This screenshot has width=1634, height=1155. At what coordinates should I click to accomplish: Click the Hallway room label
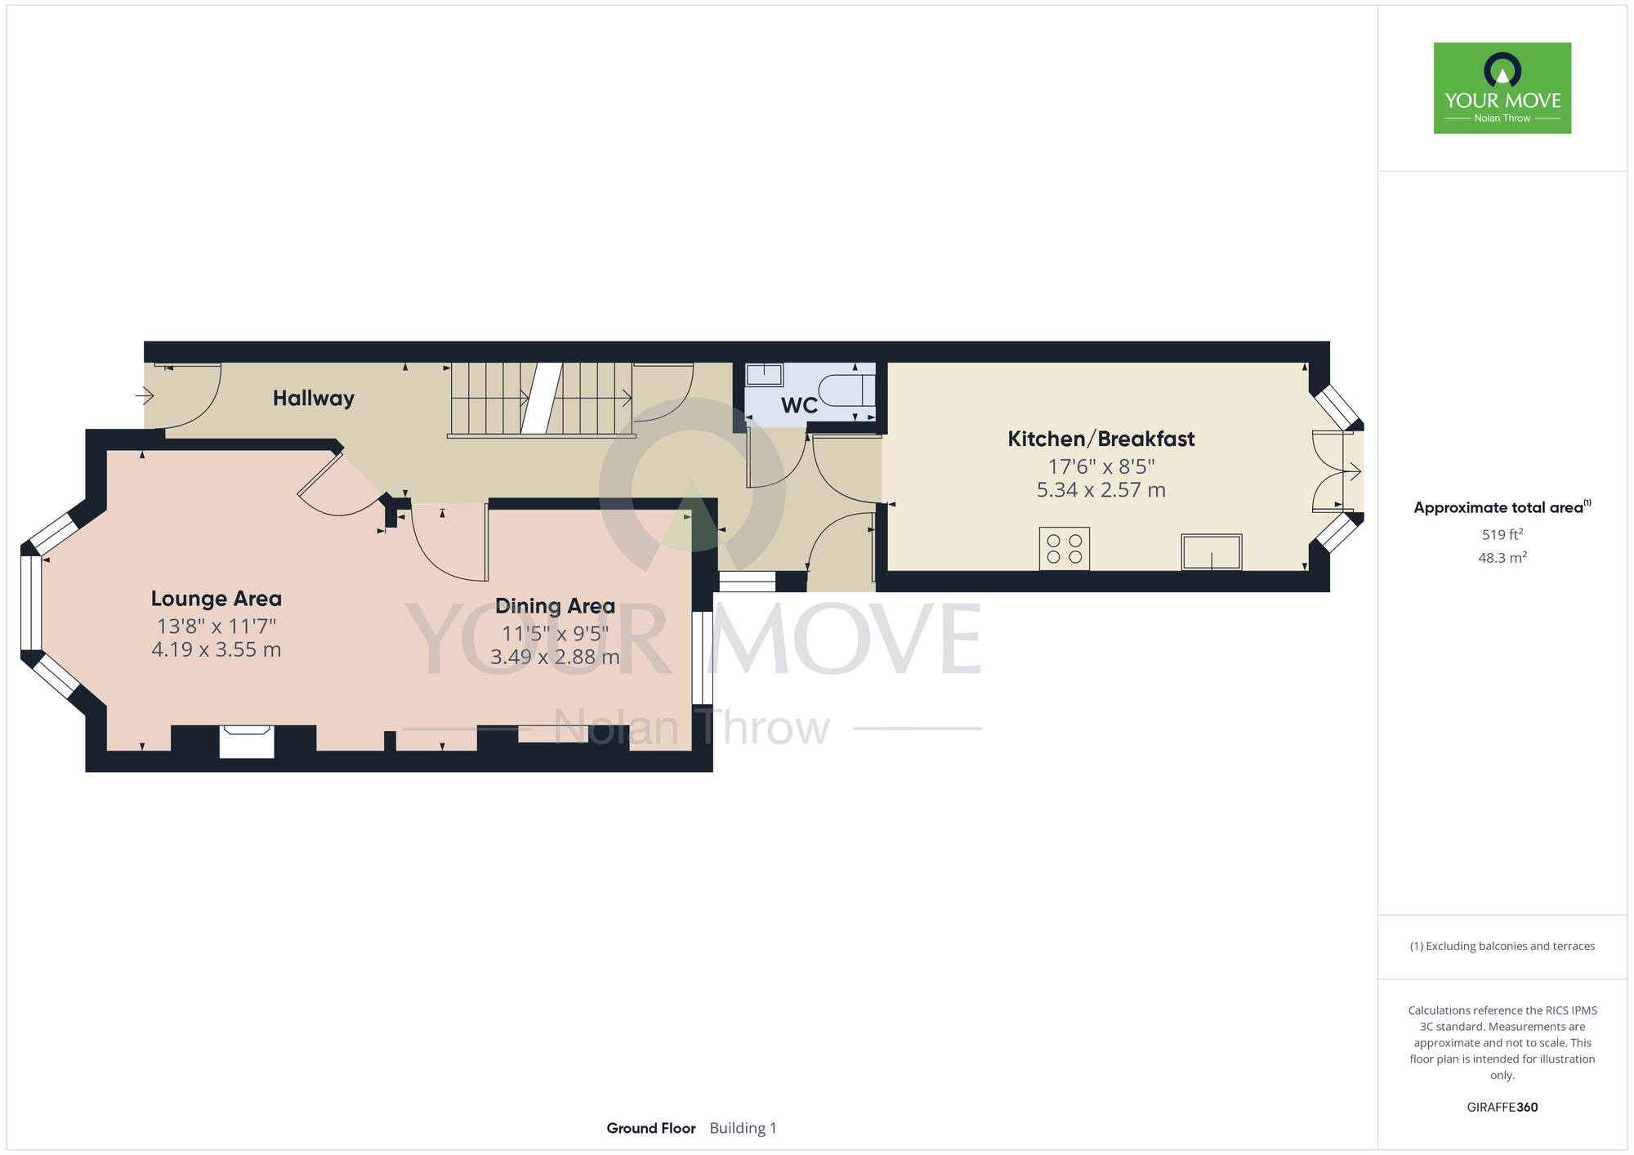coord(314,399)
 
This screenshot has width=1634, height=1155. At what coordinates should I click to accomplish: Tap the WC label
coord(799,406)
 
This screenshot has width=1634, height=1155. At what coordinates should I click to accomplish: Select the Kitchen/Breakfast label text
coord(1100,439)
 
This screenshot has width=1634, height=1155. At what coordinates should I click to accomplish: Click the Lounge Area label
coord(217,599)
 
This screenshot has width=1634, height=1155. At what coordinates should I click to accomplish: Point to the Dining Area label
coord(555,606)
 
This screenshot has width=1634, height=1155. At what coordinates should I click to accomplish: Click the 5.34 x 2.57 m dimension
coord(1100,490)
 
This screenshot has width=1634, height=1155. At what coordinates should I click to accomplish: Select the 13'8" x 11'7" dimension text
coord(217,627)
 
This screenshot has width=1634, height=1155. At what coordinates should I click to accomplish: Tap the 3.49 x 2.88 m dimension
coord(555,657)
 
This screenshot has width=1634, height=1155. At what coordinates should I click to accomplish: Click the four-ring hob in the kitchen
coord(1065,549)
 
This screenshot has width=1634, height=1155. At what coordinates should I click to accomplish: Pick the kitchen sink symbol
coord(1212,552)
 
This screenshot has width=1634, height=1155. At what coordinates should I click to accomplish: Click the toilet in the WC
coord(846,390)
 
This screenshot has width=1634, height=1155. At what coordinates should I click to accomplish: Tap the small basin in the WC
coord(764,375)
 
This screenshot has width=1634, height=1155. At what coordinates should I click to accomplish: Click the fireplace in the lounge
coord(247,742)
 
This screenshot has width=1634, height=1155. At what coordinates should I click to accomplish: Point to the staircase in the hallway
coord(541,399)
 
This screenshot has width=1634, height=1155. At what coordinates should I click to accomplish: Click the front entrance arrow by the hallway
coord(145,396)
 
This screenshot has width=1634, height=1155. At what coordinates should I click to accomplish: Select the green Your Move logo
coord(1502,88)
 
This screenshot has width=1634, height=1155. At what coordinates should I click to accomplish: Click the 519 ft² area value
coord(1502,534)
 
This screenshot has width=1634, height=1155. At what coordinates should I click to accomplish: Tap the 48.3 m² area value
coord(1502,558)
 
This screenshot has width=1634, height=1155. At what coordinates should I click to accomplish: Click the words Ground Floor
coord(651,1128)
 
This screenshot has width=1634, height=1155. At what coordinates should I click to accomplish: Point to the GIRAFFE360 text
coord(1502,1108)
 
